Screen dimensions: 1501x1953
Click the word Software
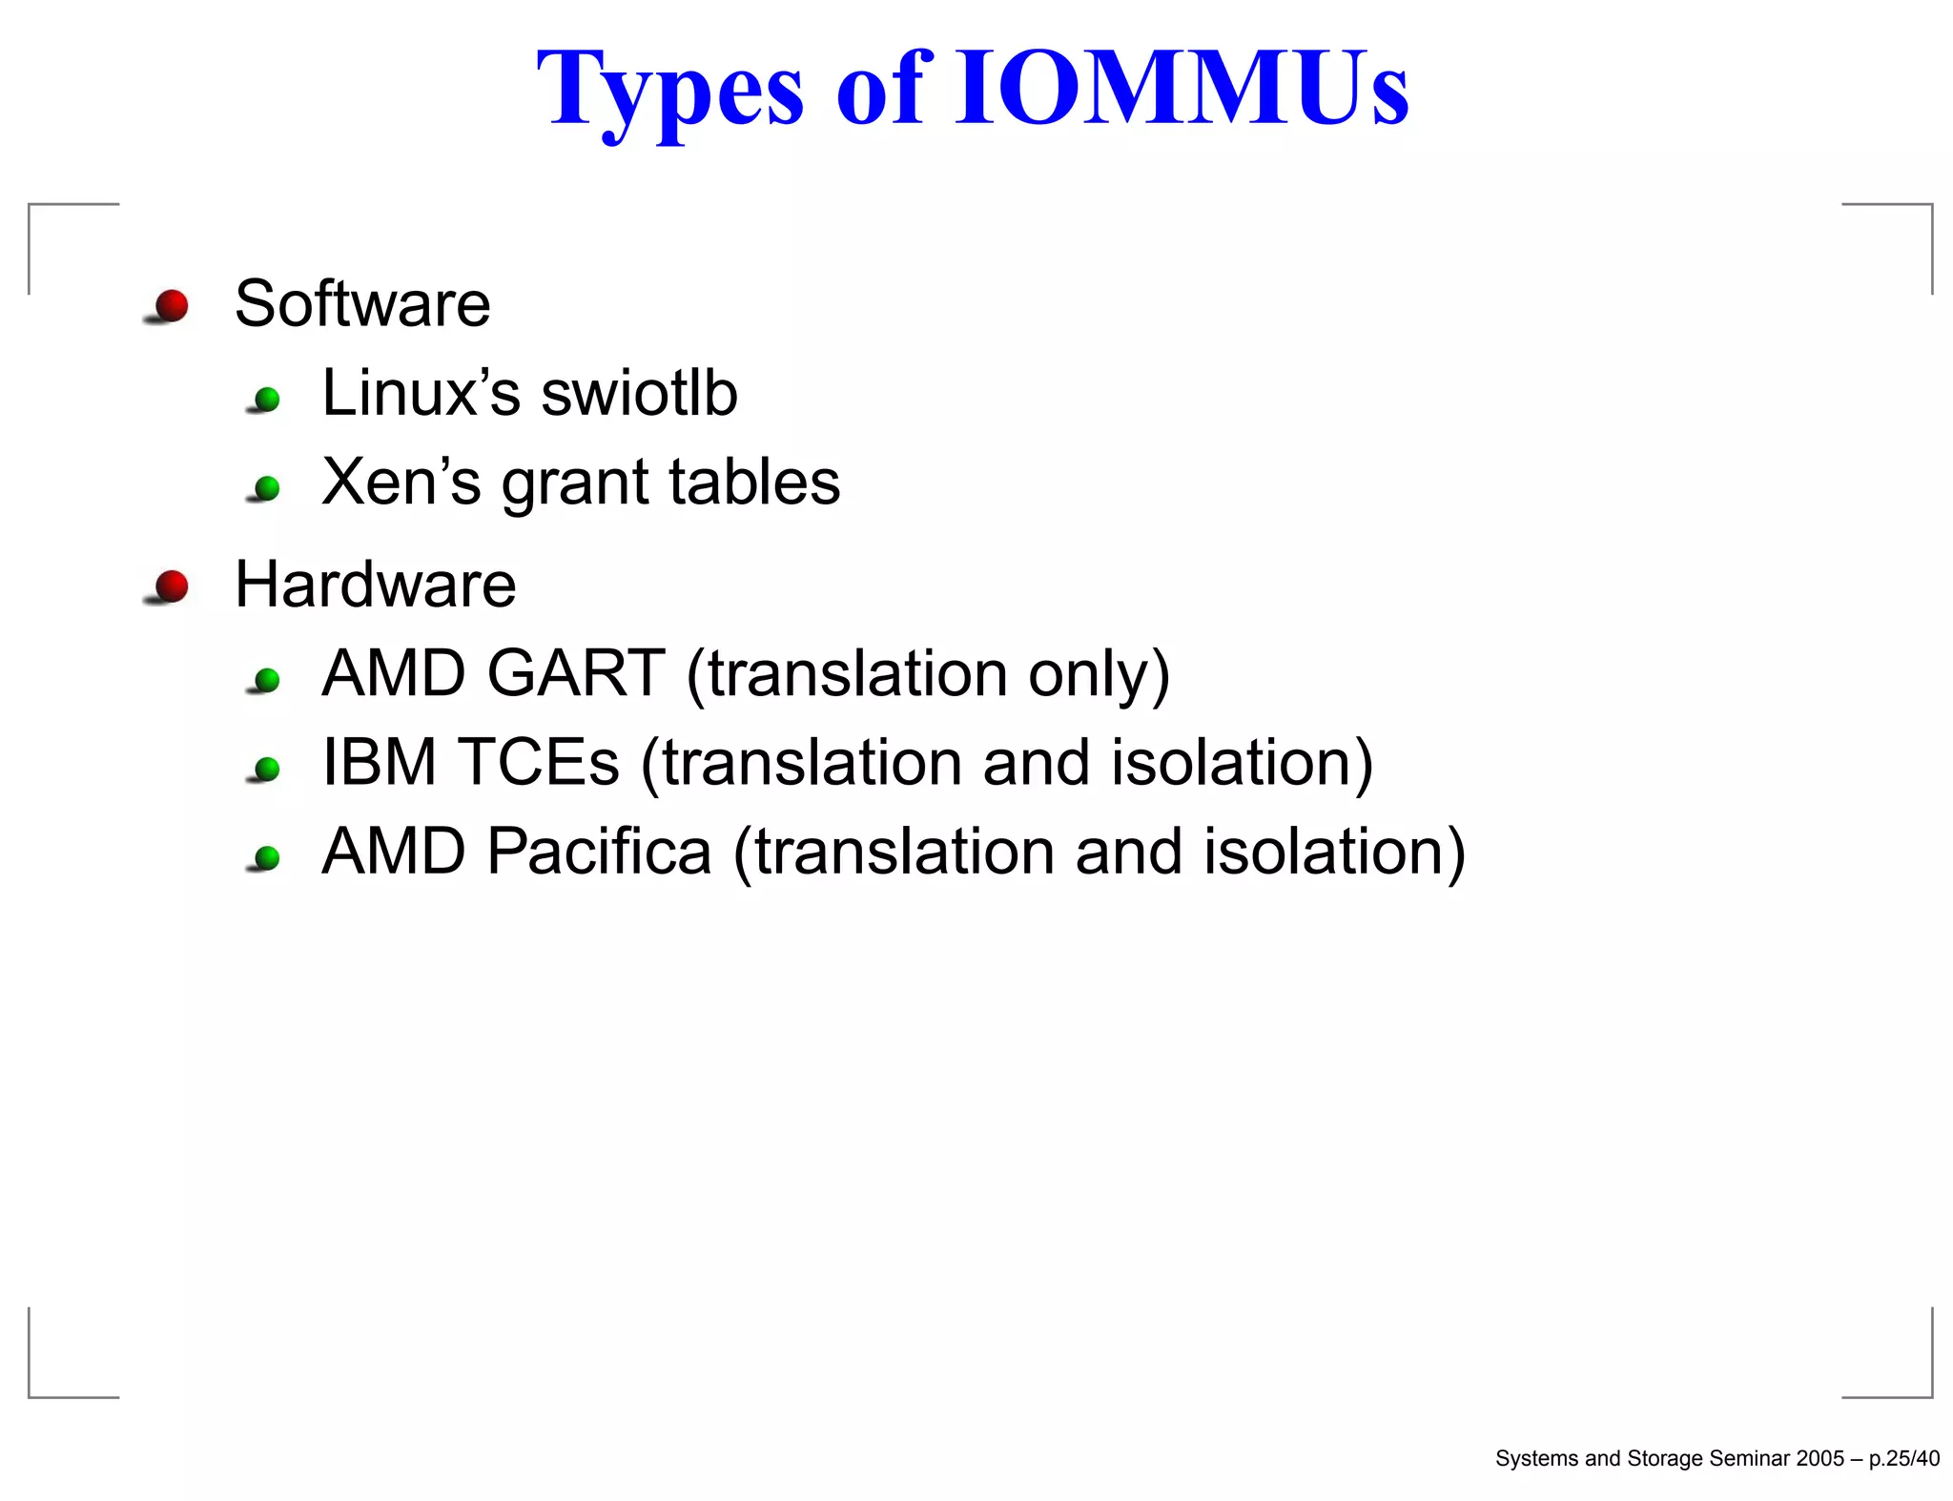(x=362, y=304)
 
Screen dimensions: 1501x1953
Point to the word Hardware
(x=375, y=585)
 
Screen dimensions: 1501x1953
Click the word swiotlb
(x=639, y=393)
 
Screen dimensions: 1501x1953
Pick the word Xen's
(x=401, y=482)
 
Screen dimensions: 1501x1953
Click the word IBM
(x=380, y=763)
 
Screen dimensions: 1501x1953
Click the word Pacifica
(x=599, y=852)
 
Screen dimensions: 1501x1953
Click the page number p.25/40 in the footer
(x=1903, y=1458)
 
